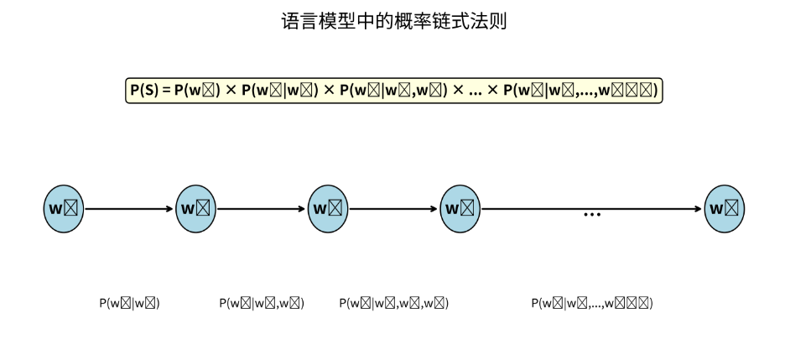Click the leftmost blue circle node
tap(64, 209)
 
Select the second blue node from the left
tap(196, 209)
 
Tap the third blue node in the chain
tap(328, 209)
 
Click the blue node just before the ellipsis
tap(460, 209)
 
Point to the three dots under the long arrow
tap(592, 216)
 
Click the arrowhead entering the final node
tap(699, 209)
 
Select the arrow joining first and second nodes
tap(130, 209)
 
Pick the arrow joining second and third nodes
tap(262, 209)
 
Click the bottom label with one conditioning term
tap(129, 304)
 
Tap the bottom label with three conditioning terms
tap(394, 304)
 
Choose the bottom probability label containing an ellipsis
tap(592, 304)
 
